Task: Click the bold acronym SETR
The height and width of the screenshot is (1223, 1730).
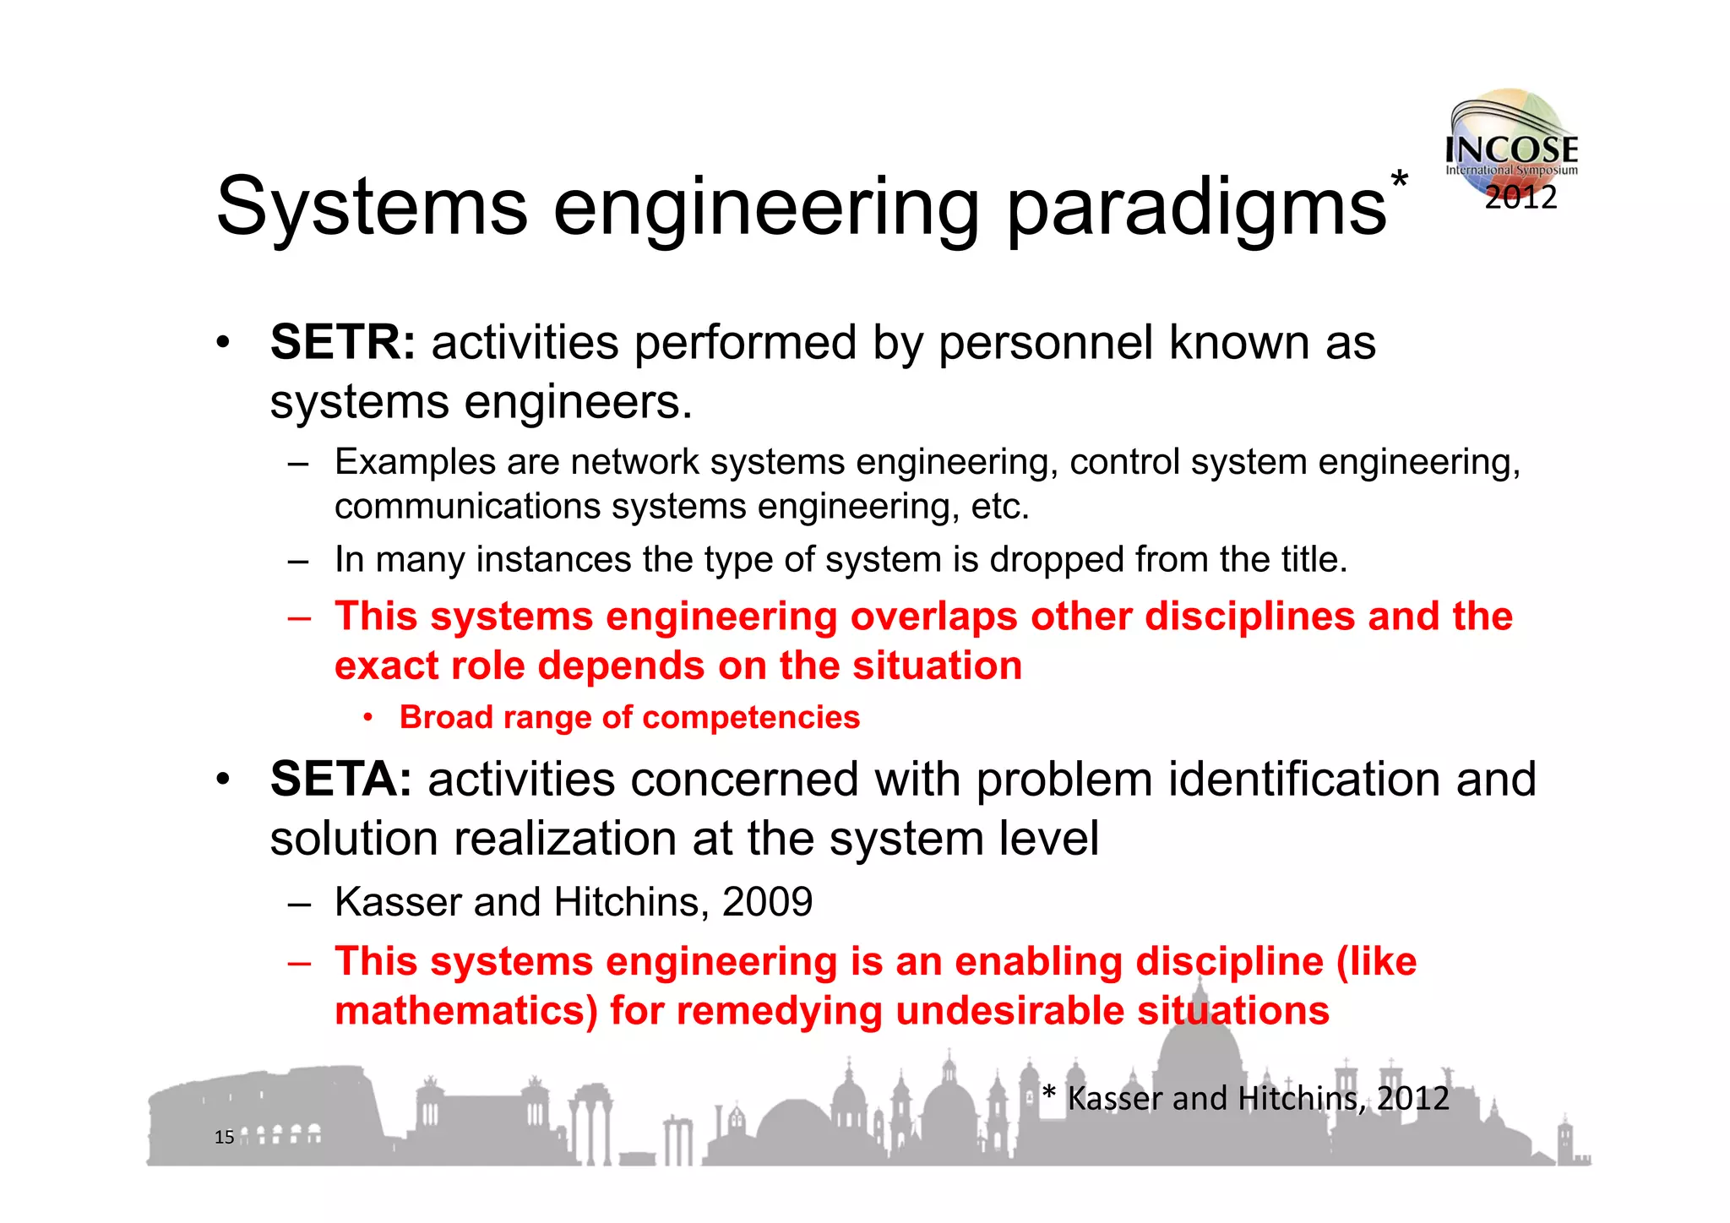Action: point(342,343)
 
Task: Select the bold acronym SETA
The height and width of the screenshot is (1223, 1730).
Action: point(340,779)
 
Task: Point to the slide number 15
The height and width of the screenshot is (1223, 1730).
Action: point(224,1137)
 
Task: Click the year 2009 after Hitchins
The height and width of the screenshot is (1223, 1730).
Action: point(767,902)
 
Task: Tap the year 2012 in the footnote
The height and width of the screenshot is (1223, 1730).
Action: point(1412,1099)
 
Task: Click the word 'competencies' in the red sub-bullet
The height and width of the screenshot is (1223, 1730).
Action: point(751,717)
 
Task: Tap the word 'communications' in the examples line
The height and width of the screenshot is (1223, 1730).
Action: point(467,507)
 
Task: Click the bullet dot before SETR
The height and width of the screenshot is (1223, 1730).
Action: point(222,343)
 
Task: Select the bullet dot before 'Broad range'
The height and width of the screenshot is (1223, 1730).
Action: point(368,718)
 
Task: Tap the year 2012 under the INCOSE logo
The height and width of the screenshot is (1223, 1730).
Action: point(1521,198)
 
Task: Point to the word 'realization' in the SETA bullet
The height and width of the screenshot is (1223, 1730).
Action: point(565,839)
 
